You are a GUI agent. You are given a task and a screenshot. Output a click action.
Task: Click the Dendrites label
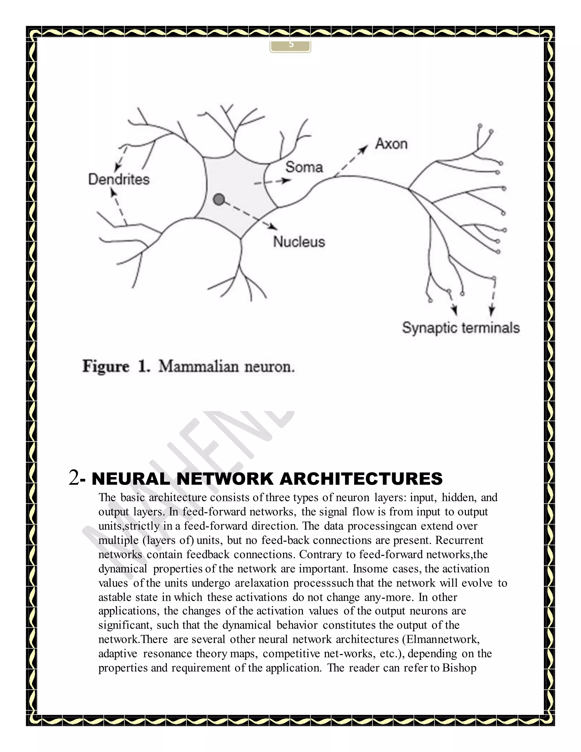[x=119, y=179]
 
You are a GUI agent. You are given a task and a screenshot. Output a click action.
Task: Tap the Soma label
[x=304, y=167]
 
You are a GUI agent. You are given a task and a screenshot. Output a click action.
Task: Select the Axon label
[x=391, y=144]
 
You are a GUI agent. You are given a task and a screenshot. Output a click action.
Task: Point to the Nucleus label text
[x=299, y=242]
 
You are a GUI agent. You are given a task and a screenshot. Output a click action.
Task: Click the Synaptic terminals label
[x=460, y=328]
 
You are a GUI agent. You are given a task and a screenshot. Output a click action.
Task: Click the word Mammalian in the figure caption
[x=199, y=366]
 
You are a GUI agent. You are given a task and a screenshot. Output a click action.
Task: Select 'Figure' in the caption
[x=106, y=366]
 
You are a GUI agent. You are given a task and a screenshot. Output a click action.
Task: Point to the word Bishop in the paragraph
[x=459, y=668]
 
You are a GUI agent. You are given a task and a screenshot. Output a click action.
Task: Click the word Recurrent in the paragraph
[x=459, y=540]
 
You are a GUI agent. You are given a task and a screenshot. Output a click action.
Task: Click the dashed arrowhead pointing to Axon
[x=364, y=149]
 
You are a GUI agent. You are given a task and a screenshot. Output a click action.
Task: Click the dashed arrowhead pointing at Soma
[x=285, y=180]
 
